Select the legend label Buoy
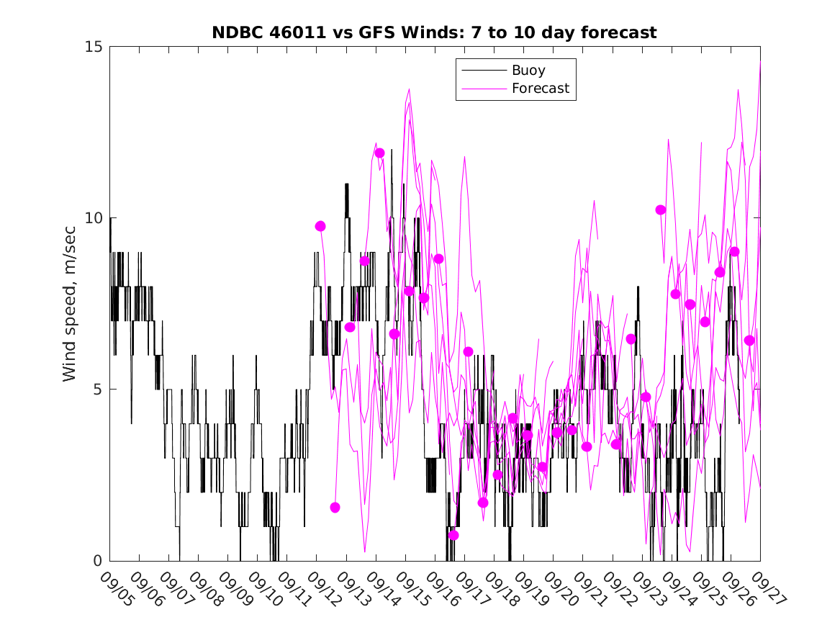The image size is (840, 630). pyautogui.click(x=528, y=71)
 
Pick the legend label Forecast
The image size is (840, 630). pyautogui.click(x=540, y=89)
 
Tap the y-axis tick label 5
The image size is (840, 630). pyautogui.click(x=99, y=390)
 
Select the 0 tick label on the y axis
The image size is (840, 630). pyautogui.click(x=99, y=561)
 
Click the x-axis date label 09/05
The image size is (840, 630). pyautogui.click(x=115, y=588)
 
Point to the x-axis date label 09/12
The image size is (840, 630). pyautogui.click(x=322, y=588)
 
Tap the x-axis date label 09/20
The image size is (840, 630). pyautogui.click(x=559, y=588)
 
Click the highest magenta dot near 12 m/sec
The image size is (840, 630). pyautogui.click(x=379, y=153)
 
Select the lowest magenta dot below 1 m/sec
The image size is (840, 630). pyautogui.click(x=453, y=535)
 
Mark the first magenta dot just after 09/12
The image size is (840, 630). pyautogui.click(x=320, y=226)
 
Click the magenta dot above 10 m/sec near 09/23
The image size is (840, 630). pyautogui.click(x=660, y=210)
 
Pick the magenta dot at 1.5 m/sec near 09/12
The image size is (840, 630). pyautogui.click(x=335, y=508)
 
